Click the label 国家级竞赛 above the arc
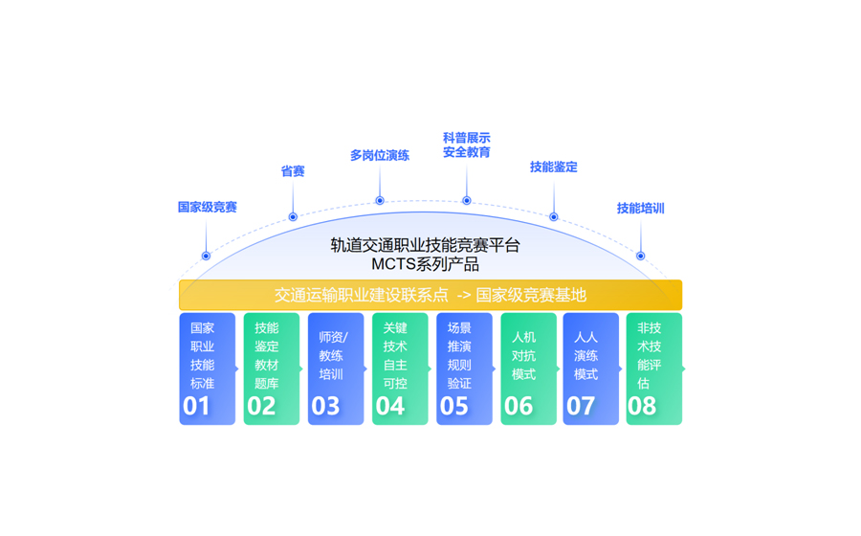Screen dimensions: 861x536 point(207,207)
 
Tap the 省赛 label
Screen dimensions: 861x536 point(293,171)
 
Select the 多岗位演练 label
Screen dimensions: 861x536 point(380,155)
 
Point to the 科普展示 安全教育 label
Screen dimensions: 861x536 point(467,145)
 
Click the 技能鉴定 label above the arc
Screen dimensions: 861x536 point(554,167)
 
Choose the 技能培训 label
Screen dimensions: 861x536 point(641,208)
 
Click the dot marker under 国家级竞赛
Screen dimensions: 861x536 point(206,256)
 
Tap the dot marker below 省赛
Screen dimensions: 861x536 point(293,217)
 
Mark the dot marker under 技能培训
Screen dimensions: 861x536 point(640,256)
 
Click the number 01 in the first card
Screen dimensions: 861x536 point(196,407)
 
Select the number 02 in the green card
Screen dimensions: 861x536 point(261,407)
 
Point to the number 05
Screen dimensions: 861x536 point(454,407)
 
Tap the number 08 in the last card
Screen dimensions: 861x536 point(642,407)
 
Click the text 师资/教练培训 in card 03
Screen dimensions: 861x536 point(333,356)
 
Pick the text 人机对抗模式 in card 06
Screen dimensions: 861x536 point(524,356)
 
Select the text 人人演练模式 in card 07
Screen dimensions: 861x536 point(585,356)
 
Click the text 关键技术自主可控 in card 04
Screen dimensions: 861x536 point(395,356)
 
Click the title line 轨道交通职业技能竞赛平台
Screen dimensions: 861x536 point(426,245)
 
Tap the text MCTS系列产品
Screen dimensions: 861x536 point(426,264)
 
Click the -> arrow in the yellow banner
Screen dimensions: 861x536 point(464,296)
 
